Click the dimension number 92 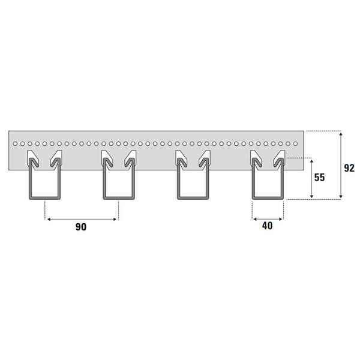(x=349, y=168)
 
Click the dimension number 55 (x=319, y=178)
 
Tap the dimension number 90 (x=81, y=227)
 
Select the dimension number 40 (x=267, y=226)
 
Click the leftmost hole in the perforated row (x=15, y=144)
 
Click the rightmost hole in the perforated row (x=295, y=144)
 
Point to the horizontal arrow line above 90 (x=82, y=219)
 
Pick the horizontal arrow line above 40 (x=268, y=219)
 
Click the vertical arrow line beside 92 (x=341, y=165)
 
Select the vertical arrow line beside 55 (x=311, y=178)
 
